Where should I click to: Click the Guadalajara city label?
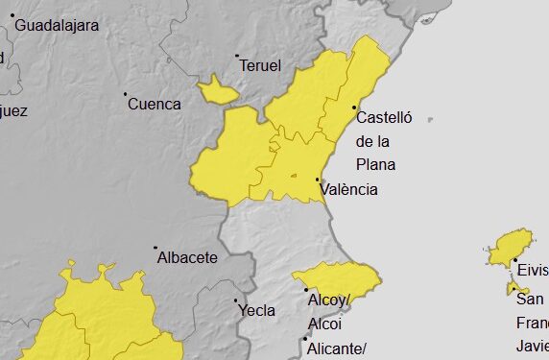click(57, 26)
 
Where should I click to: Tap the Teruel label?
click(261, 66)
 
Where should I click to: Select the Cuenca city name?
click(154, 104)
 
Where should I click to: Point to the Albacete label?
click(187, 257)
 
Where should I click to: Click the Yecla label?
click(257, 310)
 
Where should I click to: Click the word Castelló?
click(384, 118)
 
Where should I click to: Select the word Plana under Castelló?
click(375, 164)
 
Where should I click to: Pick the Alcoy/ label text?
click(329, 300)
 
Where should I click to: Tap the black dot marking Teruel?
click(238, 56)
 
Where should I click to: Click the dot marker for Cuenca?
click(126, 94)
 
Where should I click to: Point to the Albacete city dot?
click(156, 248)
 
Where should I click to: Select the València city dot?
click(318, 179)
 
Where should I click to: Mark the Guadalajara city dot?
click(12, 15)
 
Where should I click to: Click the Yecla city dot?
click(237, 300)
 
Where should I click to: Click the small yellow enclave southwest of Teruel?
click(218, 90)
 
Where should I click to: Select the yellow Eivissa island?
click(511, 248)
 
